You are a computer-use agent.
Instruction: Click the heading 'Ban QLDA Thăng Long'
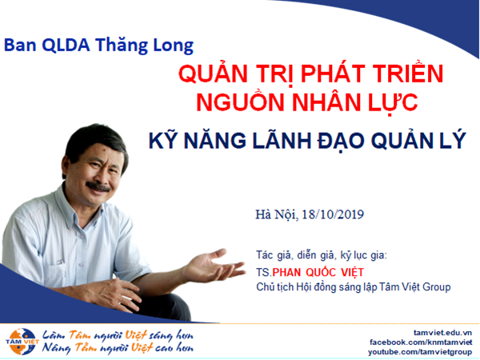pyautogui.click(x=98, y=46)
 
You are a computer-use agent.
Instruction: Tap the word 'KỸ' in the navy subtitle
pyautogui.click(x=163, y=140)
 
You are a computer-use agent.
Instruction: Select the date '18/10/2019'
pyautogui.click(x=333, y=214)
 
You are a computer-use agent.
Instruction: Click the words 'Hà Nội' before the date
pyautogui.click(x=276, y=214)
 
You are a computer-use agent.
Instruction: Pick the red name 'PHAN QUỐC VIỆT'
pyautogui.click(x=318, y=272)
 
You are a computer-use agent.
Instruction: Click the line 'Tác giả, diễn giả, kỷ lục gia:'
pyautogui.click(x=322, y=255)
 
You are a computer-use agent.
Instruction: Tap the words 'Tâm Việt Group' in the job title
pyautogui.click(x=414, y=287)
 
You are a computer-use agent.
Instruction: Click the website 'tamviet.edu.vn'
pyautogui.click(x=442, y=333)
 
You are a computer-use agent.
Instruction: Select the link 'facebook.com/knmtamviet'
pyautogui.click(x=421, y=342)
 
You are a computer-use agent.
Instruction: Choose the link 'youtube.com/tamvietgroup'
pyautogui.click(x=420, y=352)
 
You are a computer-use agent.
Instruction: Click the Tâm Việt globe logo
pyautogui.click(x=22, y=342)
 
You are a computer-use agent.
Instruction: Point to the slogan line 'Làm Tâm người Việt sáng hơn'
pyautogui.click(x=118, y=336)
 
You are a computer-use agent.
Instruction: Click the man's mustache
pyautogui.click(x=98, y=186)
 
